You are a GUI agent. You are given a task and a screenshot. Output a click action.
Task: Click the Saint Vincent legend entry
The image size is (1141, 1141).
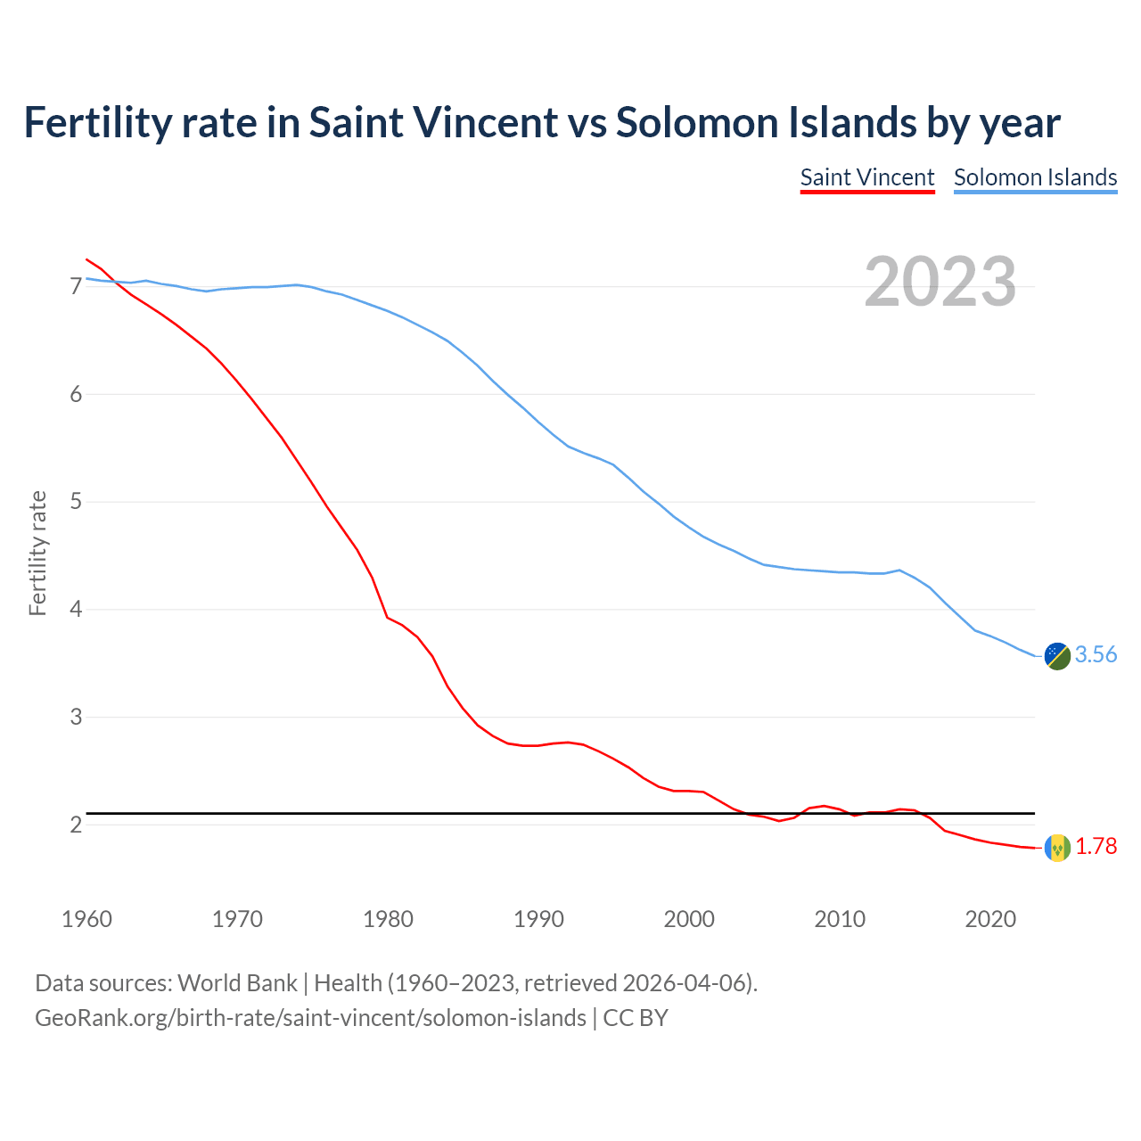point(866,177)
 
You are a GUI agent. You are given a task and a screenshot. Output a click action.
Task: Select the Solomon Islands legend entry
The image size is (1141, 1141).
point(1035,177)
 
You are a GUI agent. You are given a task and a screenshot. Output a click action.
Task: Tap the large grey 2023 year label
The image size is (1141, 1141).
point(940,282)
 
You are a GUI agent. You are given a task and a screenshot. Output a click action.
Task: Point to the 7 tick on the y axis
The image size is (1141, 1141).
point(76,286)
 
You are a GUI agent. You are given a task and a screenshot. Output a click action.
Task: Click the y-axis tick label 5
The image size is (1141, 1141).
point(76,502)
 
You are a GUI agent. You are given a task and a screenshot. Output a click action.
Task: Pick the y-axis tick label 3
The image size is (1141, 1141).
point(76,718)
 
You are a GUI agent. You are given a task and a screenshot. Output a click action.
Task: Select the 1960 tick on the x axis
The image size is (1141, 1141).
point(86,919)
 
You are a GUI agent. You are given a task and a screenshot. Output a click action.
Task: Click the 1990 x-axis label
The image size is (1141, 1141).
point(538,919)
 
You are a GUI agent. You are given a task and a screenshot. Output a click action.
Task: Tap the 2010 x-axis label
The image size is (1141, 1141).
point(840,919)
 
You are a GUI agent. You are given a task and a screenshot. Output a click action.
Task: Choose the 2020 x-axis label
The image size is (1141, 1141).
point(990,919)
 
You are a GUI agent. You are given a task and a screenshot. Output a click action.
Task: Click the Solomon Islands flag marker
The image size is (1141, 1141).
point(1057,656)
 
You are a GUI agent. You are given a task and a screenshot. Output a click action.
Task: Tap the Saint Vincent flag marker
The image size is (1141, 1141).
point(1057,848)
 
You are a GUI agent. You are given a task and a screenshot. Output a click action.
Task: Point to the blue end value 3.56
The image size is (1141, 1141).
point(1096,655)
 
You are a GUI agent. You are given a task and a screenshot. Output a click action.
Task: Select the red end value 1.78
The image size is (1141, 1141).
point(1096,847)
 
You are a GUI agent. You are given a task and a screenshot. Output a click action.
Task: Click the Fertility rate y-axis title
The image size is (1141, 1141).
point(37,553)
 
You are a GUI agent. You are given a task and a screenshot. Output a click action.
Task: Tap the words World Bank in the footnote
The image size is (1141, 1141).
point(237,983)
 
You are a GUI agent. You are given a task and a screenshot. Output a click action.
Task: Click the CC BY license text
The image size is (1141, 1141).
point(636,1018)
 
